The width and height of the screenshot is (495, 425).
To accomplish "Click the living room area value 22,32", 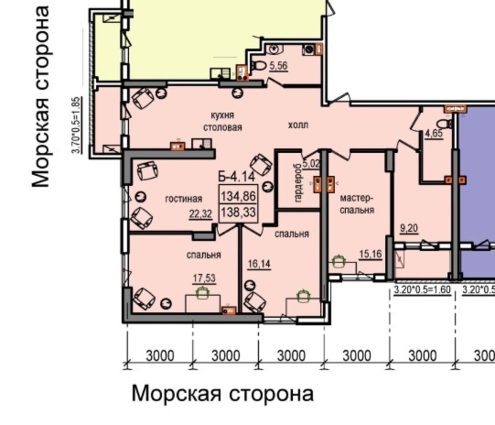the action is click(201, 214).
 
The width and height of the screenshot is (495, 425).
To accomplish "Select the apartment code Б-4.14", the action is click(237, 177).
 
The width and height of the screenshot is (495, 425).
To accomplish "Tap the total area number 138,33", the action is click(238, 212).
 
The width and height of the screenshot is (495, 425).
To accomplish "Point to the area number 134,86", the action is click(238, 196).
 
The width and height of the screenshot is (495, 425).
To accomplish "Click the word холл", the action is click(298, 125).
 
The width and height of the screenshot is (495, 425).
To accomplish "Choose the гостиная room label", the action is click(183, 199).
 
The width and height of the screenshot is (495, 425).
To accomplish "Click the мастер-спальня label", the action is click(357, 204).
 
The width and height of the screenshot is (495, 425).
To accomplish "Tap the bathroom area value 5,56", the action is click(278, 66).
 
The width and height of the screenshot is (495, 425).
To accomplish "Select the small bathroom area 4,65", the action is click(434, 133).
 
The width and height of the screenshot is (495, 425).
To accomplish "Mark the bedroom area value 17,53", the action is click(204, 278).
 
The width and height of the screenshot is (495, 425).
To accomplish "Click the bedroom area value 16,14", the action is click(259, 264).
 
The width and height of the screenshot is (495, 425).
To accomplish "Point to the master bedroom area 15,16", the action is click(371, 254).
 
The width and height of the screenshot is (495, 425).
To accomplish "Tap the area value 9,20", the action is click(409, 228).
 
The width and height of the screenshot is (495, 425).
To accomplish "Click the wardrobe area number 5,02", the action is click(312, 164).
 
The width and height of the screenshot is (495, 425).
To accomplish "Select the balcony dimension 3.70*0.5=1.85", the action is click(77, 125).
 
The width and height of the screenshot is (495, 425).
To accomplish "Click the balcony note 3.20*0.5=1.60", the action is click(422, 289).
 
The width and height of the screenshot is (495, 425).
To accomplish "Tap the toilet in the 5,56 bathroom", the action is click(259, 66).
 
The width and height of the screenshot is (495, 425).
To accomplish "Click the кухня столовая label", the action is click(223, 121).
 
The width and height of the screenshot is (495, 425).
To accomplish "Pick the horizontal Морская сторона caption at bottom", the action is click(223, 394).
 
